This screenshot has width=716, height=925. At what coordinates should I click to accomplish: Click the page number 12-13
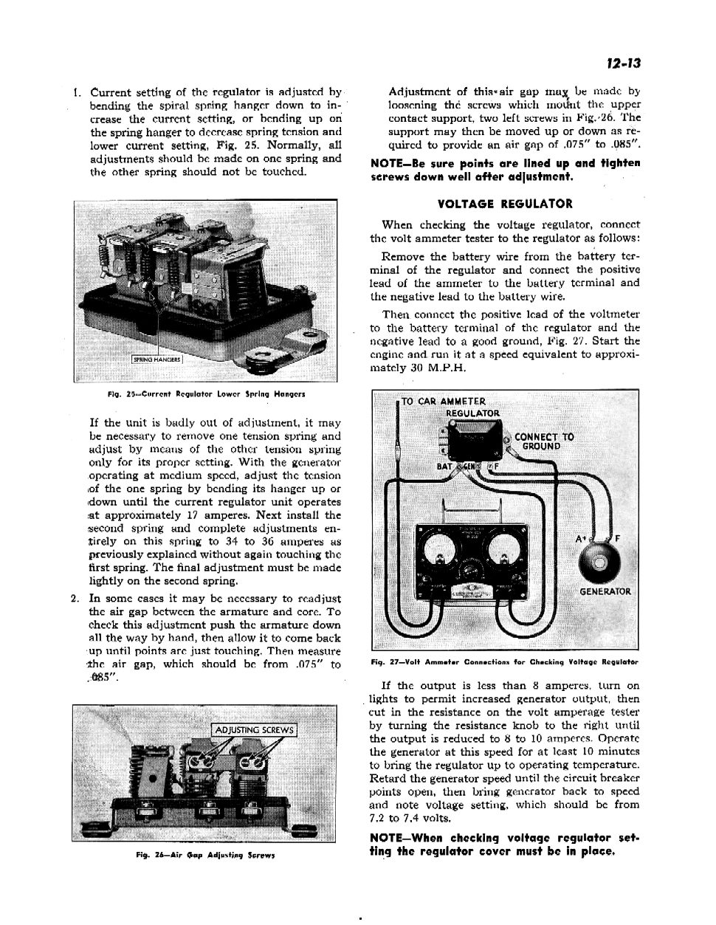623,63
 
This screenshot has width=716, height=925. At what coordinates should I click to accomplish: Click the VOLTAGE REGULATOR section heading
505,204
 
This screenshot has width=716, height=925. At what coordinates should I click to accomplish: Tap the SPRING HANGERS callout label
156,360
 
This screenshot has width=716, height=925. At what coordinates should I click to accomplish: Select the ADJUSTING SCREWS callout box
254,730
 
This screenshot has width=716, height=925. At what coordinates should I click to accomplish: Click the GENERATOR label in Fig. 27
605,591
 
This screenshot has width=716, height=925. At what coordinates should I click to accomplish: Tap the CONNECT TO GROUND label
544,441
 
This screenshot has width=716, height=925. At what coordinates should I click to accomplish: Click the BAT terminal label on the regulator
444,467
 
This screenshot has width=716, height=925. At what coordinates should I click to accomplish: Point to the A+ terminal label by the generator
581,540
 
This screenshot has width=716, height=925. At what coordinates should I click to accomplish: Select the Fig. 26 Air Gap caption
205,855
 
